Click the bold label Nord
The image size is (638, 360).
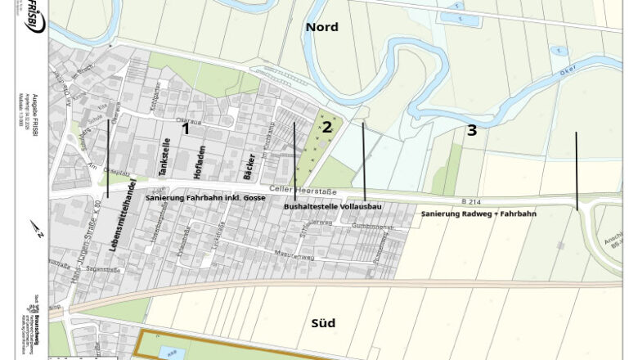tap(321, 27)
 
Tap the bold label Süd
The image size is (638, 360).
tap(323, 322)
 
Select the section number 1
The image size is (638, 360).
tap(186, 128)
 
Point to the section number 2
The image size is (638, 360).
tap(326, 127)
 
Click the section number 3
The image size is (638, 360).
tap(472, 129)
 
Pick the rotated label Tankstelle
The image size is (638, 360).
tap(165, 158)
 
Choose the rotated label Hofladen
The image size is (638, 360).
tap(200, 162)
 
